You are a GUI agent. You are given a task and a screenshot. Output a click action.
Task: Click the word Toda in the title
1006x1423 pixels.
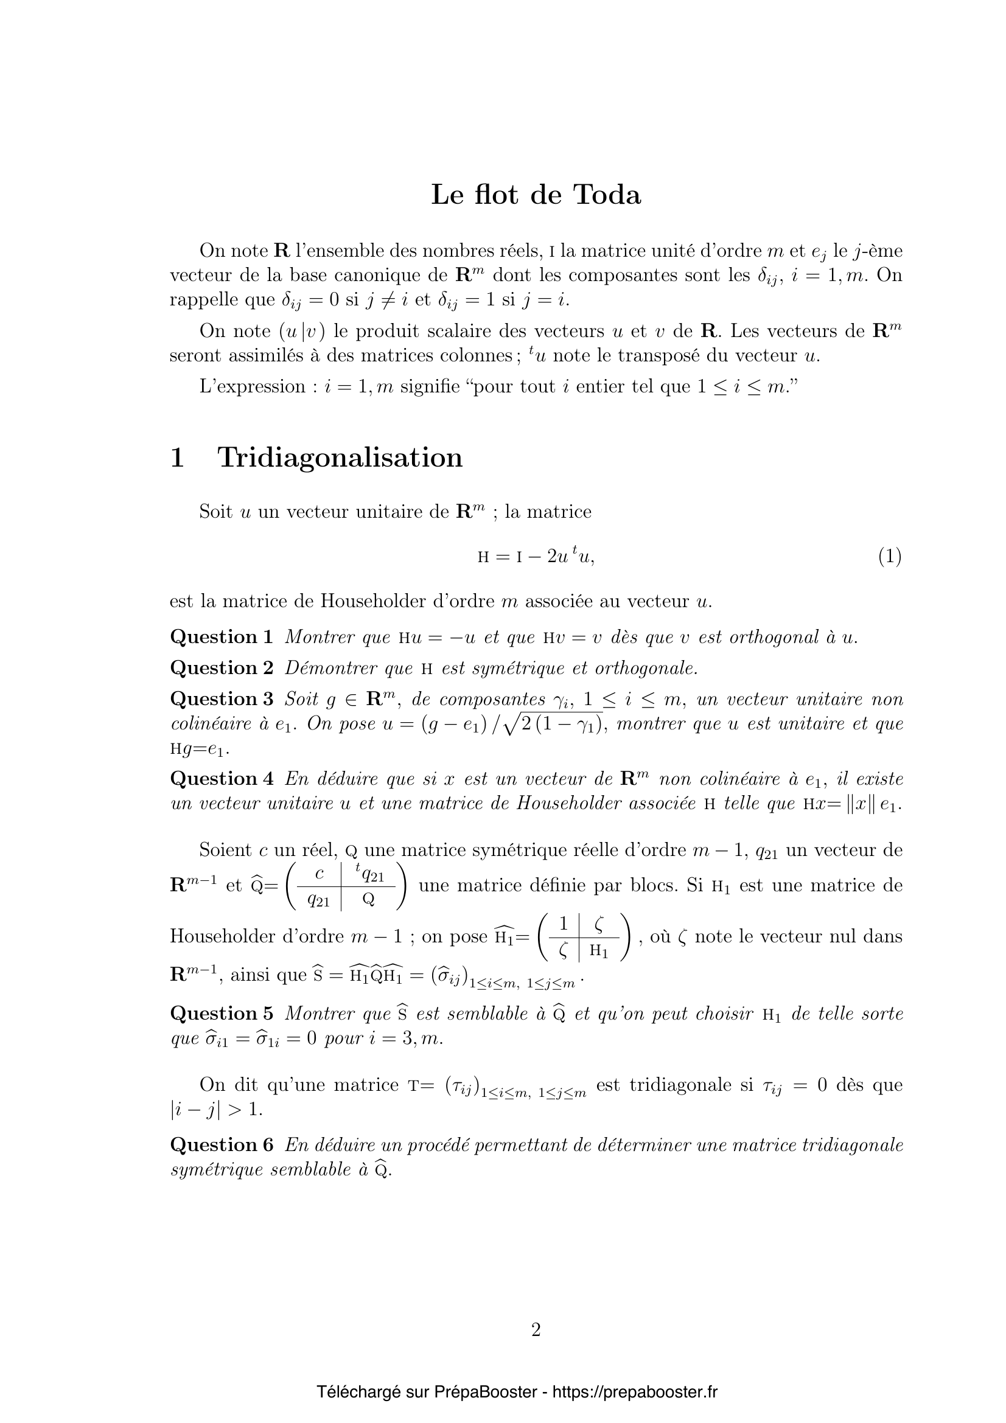click(607, 195)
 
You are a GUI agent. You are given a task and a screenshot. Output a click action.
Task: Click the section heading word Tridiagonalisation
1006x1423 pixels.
click(340, 458)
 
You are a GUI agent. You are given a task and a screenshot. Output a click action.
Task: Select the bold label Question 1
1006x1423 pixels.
click(222, 637)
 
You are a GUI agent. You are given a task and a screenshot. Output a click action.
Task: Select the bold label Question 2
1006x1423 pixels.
click(222, 668)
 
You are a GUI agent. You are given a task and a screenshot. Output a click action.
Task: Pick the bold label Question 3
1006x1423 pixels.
click(222, 699)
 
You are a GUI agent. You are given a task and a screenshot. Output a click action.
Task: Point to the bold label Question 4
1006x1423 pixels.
click(222, 779)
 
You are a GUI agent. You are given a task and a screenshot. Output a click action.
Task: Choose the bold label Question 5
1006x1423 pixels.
click(222, 1014)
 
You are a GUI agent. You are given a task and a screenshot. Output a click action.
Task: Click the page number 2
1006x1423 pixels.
click(536, 1330)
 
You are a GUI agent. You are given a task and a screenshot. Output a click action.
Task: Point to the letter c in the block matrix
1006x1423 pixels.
click(320, 874)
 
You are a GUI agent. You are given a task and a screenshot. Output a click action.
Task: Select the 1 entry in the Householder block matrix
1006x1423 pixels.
click(564, 925)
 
